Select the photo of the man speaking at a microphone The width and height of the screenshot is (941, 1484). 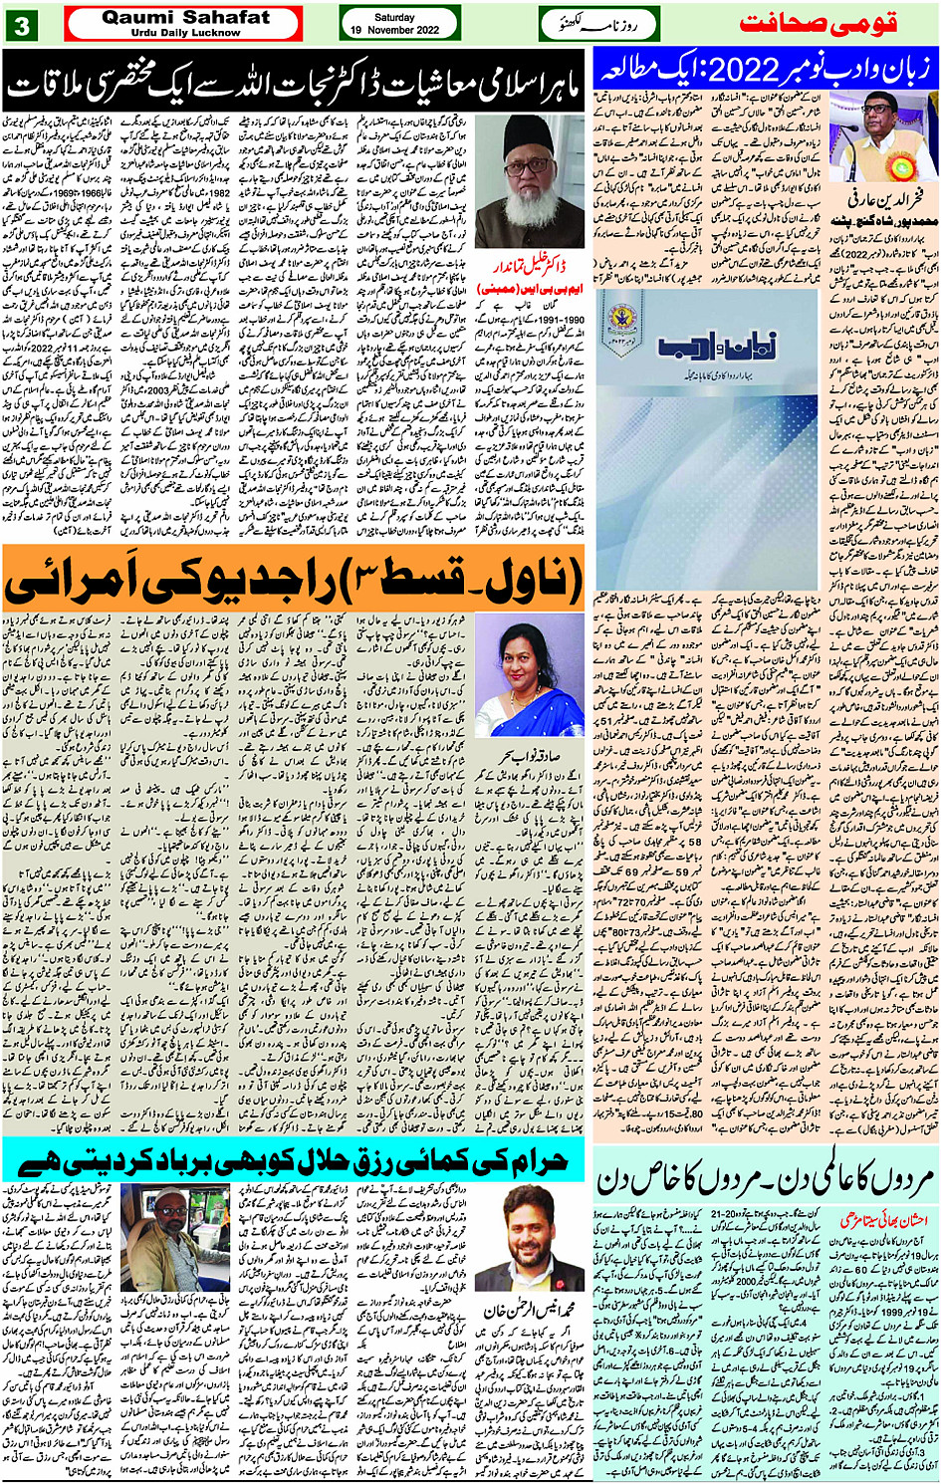point(885,135)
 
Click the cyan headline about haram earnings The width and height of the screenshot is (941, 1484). point(295,1158)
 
